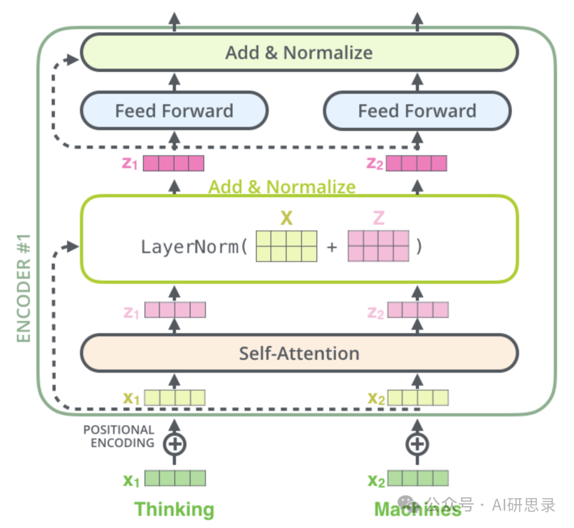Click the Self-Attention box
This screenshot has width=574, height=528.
pyautogui.click(x=299, y=353)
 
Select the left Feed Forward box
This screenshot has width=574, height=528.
pyautogui.click(x=174, y=111)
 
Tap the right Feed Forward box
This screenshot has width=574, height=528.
pyautogui.click(x=417, y=111)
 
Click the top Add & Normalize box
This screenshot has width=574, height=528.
pyautogui.click(x=299, y=52)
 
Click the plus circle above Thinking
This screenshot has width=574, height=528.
pyautogui.click(x=174, y=443)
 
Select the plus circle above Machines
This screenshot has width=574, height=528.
pyautogui.click(x=417, y=443)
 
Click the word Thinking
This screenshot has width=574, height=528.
pyautogui.click(x=174, y=509)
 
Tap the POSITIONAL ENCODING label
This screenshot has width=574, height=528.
pyautogui.click(x=119, y=436)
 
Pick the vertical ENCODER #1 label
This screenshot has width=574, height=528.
pyautogui.click(x=24, y=287)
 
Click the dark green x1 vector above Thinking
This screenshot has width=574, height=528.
pyautogui.click(x=175, y=478)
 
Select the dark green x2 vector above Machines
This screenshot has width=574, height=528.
pyautogui.click(x=418, y=478)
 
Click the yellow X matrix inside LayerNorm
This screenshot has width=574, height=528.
pyautogui.click(x=286, y=246)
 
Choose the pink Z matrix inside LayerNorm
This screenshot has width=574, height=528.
pyautogui.click(x=378, y=246)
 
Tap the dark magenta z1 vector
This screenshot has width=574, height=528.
pyautogui.click(x=174, y=163)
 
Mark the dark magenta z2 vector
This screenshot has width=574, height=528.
pyautogui.click(x=417, y=163)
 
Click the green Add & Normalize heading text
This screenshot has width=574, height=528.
pyautogui.click(x=282, y=187)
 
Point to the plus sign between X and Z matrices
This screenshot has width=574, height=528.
pyautogui.click(x=332, y=247)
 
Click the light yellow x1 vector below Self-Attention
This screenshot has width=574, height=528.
pyautogui.click(x=175, y=398)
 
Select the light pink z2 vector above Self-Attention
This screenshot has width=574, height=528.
pyautogui.click(x=418, y=310)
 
